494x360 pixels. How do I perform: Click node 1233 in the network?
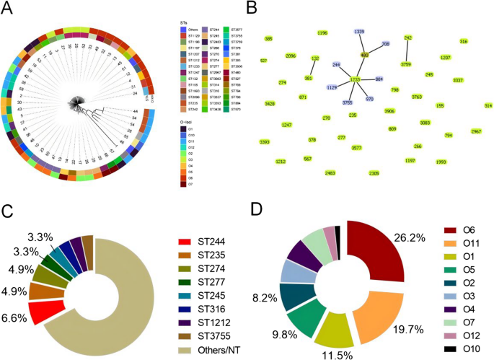tap(356, 79)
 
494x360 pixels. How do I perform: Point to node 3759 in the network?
tap(406, 64)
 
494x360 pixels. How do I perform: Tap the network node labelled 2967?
tap(476, 131)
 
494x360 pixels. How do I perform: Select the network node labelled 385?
tap(268, 38)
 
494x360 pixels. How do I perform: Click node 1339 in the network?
tap(360, 32)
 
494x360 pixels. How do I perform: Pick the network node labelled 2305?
tap(374, 173)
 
